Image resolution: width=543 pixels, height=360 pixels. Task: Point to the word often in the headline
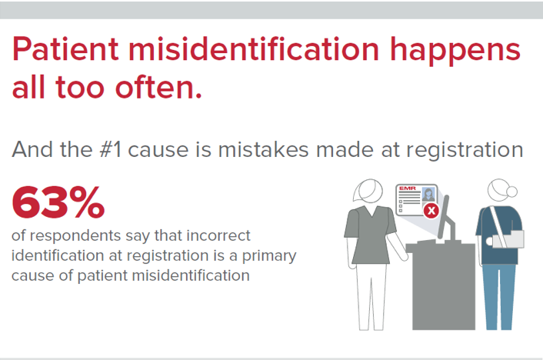161,88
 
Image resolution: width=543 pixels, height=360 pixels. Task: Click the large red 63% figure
58,202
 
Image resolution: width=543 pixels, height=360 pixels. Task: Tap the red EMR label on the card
405,188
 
